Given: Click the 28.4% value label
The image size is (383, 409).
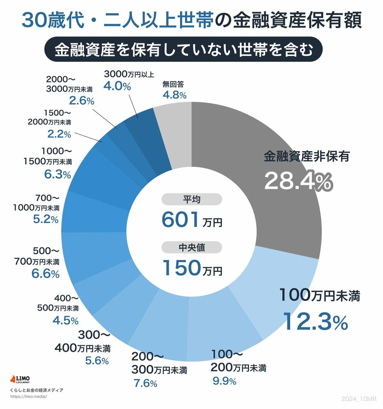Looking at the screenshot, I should pyautogui.click(x=298, y=181).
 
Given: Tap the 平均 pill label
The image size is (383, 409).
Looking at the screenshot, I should pyautogui.click(x=191, y=199).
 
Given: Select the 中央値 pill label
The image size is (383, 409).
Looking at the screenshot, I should pyautogui.click(x=191, y=248).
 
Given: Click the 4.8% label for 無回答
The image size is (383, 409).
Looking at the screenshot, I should pyautogui.click(x=174, y=94).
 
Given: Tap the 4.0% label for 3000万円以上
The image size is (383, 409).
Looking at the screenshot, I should pyautogui.click(x=117, y=86).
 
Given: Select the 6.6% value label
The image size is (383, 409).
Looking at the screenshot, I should pyautogui.click(x=45, y=274).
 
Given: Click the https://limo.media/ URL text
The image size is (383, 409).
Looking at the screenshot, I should pyautogui.click(x=28, y=397).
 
